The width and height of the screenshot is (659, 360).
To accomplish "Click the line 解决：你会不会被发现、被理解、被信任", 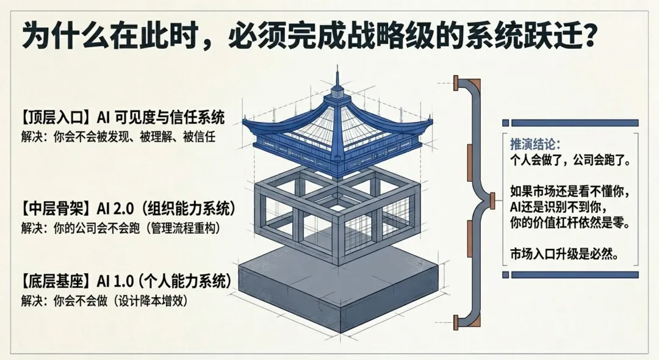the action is [x=118, y=135].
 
